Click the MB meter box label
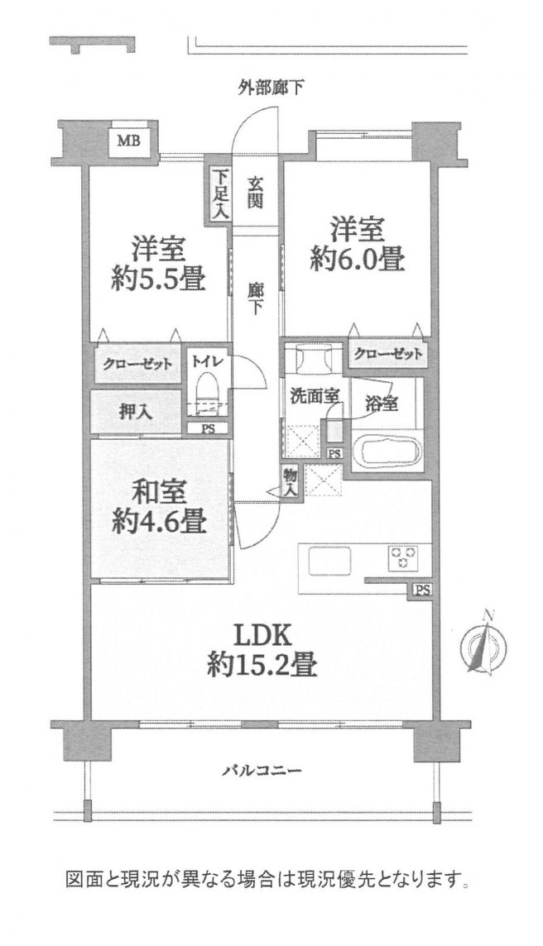tap(128, 141)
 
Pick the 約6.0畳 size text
tap(358, 259)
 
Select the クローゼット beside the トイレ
tap(137, 364)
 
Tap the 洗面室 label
tap(314, 395)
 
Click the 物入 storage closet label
tap(290, 483)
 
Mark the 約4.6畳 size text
tap(159, 521)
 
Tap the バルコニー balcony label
tap(262, 771)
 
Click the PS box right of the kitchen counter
tap(422, 590)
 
